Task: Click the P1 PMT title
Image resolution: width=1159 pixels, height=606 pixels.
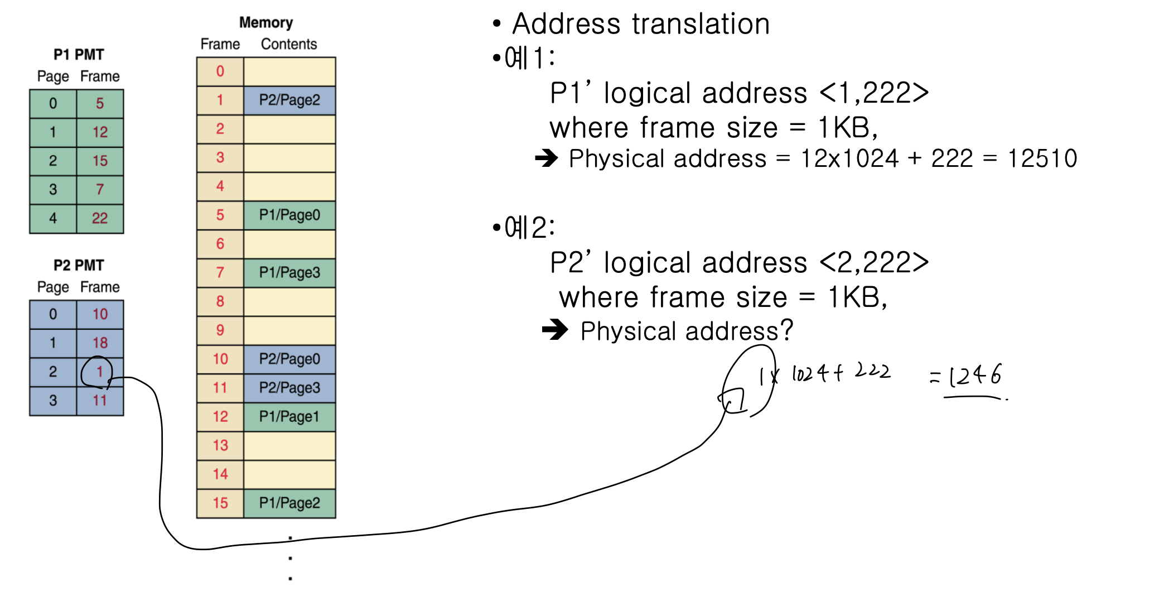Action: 79,55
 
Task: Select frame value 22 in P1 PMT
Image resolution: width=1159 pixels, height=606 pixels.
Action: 100,218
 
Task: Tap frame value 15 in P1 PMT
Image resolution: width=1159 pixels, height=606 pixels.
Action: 100,161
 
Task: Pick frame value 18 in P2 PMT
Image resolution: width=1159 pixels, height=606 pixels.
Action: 100,343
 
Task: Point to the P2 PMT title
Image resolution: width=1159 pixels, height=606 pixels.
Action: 79,265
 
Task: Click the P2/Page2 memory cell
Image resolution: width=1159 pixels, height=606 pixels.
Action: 289,100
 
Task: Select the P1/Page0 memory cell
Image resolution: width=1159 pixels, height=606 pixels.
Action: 289,215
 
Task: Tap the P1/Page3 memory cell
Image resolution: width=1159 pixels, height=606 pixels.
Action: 289,272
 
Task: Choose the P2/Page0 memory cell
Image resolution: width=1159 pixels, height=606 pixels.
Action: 289,359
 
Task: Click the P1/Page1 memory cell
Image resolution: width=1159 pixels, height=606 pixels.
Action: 289,416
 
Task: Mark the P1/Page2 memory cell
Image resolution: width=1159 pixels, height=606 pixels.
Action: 289,503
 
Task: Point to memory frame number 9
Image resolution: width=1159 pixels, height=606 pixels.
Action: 220,330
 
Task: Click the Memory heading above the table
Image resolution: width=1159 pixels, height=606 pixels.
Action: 266,22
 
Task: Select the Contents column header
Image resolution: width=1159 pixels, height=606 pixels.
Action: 289,44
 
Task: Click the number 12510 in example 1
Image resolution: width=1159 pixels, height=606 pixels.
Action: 1042,158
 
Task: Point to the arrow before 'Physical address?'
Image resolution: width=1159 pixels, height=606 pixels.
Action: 555,330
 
